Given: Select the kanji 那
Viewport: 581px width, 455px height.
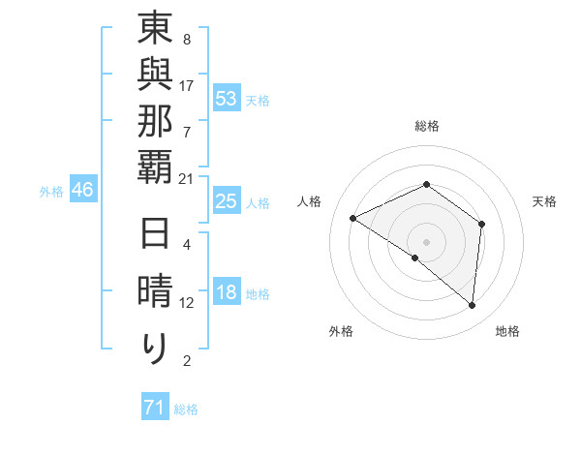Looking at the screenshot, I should click(155, 122).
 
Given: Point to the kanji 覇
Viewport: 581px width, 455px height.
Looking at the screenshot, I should click(155, 167).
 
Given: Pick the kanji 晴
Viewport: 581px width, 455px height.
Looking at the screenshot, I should click(155, 293).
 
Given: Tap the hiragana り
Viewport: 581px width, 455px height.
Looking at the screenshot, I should click(155, 348).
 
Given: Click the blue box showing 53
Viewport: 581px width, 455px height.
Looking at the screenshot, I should click(227, 99).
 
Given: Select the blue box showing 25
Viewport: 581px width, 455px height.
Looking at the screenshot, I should click(227, 202).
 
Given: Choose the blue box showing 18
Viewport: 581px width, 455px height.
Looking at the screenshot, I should click(227, 293).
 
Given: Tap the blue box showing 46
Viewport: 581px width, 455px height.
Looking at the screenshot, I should click(82, 190).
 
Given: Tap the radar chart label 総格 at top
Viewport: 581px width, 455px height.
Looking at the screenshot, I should click(427, 126).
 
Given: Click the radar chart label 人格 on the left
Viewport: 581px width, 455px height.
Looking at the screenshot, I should click(310, 201).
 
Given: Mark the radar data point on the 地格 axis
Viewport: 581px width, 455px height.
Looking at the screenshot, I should click(473, 305).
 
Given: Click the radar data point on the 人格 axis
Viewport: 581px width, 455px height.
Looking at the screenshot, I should click(353, 219).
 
